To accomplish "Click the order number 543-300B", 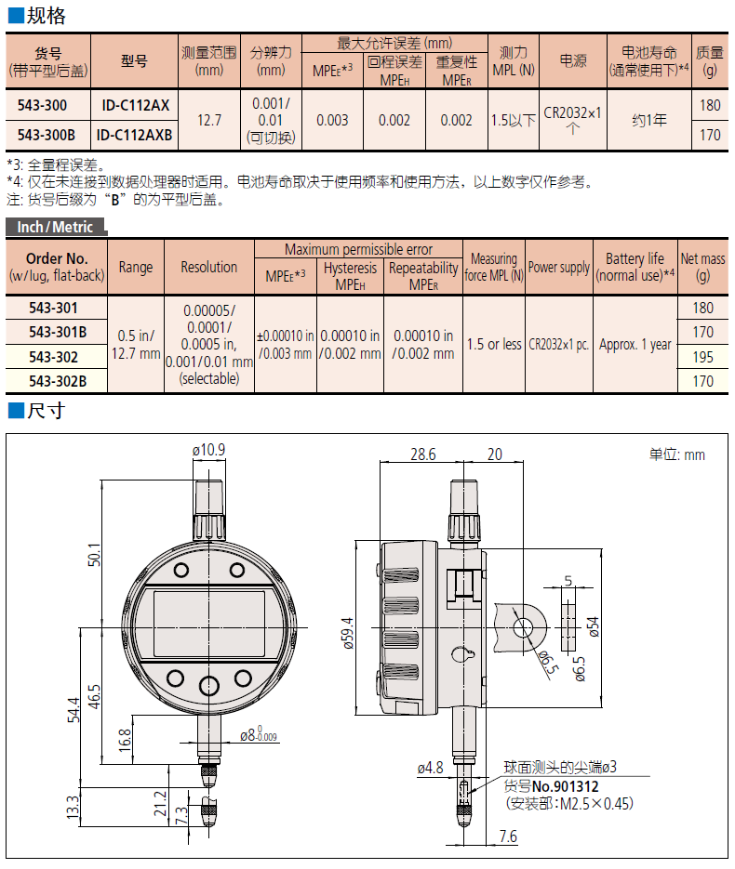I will click(x=47, y=135).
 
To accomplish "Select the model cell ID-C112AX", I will click(x=134, y=104).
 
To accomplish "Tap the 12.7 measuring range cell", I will click(x=209, y=119).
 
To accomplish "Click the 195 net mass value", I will click(x=703, y=357).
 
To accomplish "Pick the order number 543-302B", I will click(x=58, y=380).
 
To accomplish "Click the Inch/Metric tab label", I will click(x=55, y=227).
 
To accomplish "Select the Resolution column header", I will click(x=208, y=267).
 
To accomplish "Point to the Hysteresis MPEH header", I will click(x=350, y=275).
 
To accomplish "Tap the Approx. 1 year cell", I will click(x=635, y=344).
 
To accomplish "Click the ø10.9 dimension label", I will click(x=208, y=450).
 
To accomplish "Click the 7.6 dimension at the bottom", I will click(x=507, y=836).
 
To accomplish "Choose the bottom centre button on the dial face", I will click(x=210, y=686).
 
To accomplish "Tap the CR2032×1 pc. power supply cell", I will click(x=559, y=344).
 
